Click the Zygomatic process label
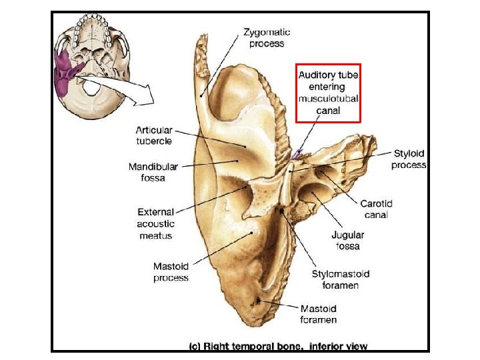point(267,37)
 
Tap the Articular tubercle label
point(154,135)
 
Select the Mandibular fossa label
point(153,172)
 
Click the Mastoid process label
point(171,272)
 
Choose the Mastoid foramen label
point(319,314)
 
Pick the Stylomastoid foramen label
point(340,279)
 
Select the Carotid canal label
point(377,209)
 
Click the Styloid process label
point(409,159)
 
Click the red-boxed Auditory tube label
point(328,93)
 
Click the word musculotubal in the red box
point(328,99)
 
